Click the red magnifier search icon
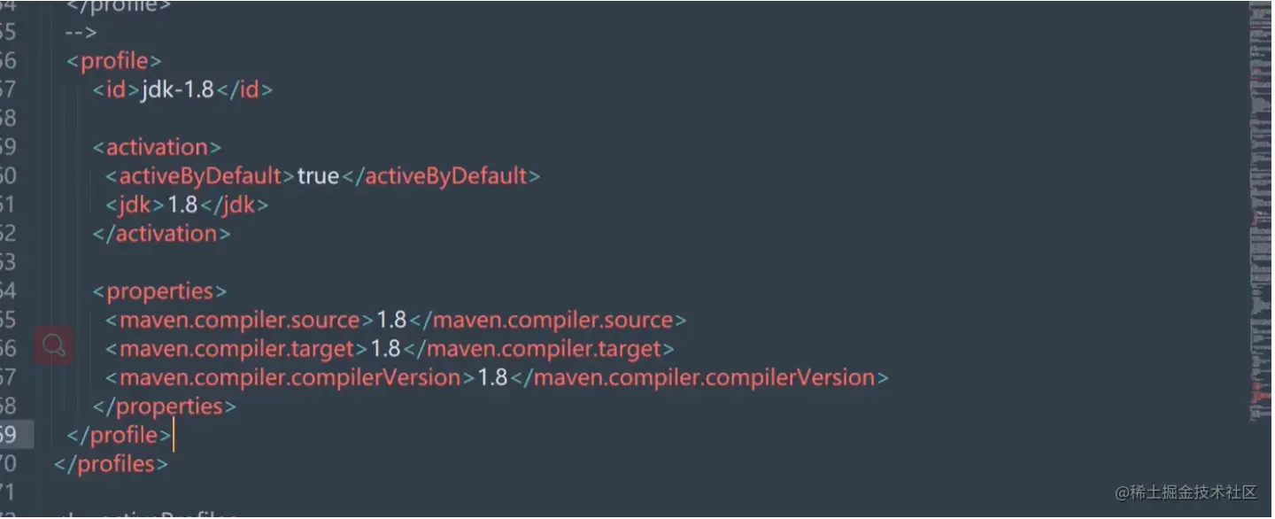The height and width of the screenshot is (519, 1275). tap(54, 345)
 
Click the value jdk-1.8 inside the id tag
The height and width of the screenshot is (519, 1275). tap(177, 89)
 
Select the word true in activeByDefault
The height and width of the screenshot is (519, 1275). tap(318, 176)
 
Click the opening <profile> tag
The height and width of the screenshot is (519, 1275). tap(114, 61)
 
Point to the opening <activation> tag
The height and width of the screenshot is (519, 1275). tap(157, 147)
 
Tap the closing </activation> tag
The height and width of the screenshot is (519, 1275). tap(161, 234)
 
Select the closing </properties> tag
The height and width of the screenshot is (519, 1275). tap(165, 407)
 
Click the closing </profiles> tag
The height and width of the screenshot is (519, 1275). tap(111, 464)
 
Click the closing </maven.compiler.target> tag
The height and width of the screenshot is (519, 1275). tap(538, 349)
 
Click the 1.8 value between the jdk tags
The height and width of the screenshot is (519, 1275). tap(182, 205)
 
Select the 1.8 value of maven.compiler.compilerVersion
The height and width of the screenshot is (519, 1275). tap(492, 378)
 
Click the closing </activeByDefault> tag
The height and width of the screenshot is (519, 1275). tap(440, 176)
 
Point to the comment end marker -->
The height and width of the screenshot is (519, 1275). tap(81, 33)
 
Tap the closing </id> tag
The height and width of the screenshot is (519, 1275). tap(244, 89)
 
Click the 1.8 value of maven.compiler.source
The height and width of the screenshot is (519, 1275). tap(391, 320)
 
